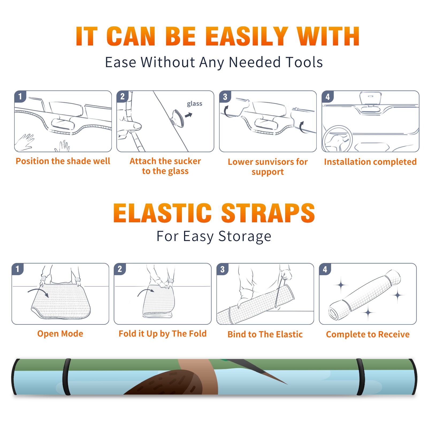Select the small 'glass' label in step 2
pos(194,104)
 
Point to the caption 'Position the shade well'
pos(63,161)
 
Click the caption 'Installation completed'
pos(370,162)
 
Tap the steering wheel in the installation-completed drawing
pos(337,139)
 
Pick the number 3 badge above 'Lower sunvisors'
pos(225,97)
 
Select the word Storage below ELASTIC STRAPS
pos(245,236)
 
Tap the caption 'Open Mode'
pos(60,334)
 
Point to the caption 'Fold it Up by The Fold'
pos(163,334)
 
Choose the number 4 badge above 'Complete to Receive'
pos(325,269)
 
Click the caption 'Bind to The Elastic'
pos(265,334)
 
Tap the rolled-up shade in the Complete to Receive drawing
pos(365,295)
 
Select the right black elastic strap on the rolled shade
pos(360,377)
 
